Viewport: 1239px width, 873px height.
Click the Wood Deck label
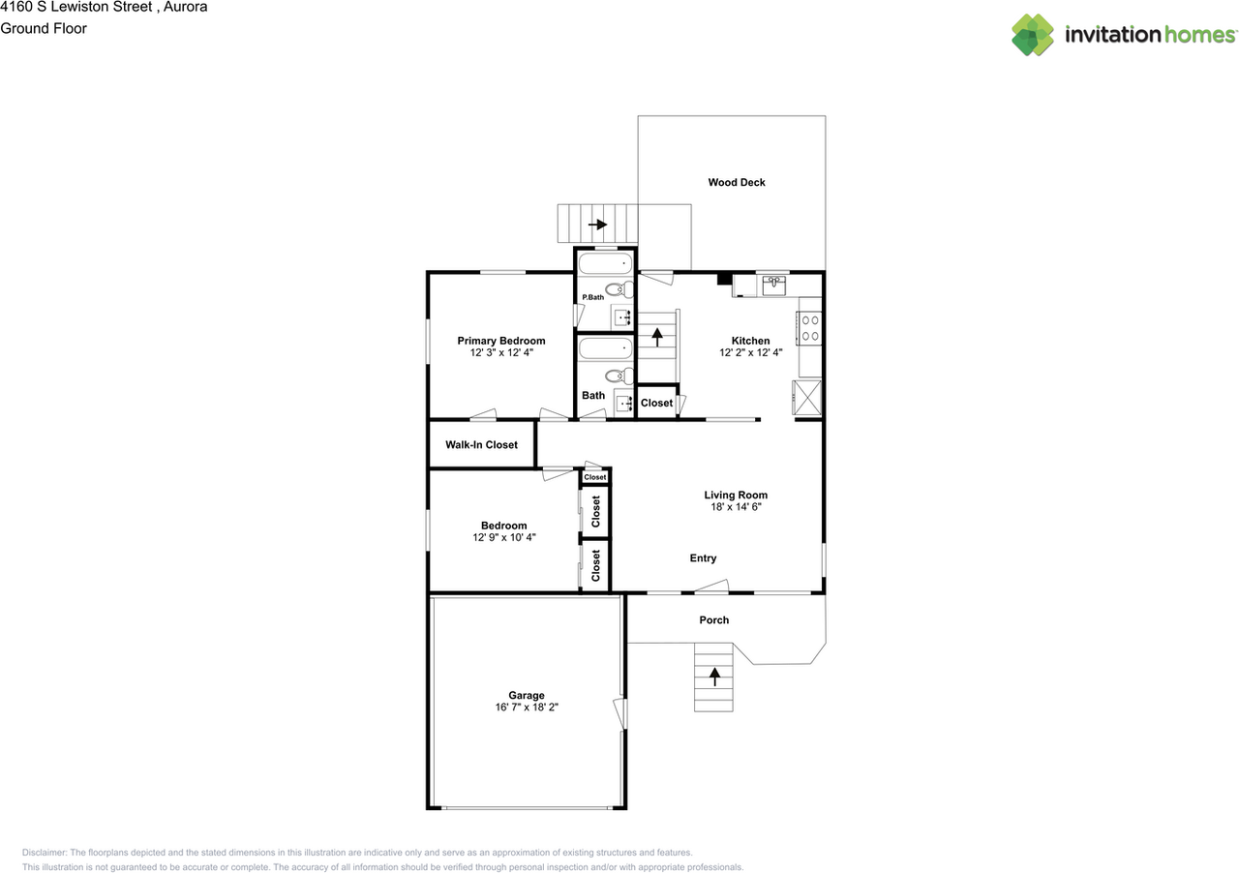pos(737,182)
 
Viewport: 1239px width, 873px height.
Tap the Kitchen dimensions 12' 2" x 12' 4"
pos(750,352)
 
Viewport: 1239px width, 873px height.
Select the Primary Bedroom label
pos(501,341)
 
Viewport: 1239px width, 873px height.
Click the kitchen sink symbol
pos(773,286)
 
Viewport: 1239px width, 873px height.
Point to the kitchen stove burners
pos(810,328)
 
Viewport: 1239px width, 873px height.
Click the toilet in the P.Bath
pos(619,288)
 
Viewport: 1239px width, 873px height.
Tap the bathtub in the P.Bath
pos(606,264)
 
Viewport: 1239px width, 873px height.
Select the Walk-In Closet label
pos(481,445)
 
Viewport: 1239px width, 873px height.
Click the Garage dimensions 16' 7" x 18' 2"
pos(527,707)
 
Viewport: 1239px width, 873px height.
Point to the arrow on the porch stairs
pos(714,677)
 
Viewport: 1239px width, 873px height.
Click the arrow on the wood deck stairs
pos(597,225)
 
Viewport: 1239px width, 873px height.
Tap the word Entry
pos(703,558)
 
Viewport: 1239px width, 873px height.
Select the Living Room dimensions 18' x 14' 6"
pos(736,507)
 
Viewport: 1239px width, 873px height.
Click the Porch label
pos(714,620)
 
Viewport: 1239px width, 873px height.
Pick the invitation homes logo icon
pos(1033,35)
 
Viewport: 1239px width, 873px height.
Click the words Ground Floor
pos(44,28)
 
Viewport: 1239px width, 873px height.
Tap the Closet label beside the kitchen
pos(656,404)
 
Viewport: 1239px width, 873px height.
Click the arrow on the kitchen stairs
pos(657,338)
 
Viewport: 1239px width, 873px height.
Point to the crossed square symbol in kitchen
pos(807,397)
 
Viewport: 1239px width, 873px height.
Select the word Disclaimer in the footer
pos(45,853)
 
